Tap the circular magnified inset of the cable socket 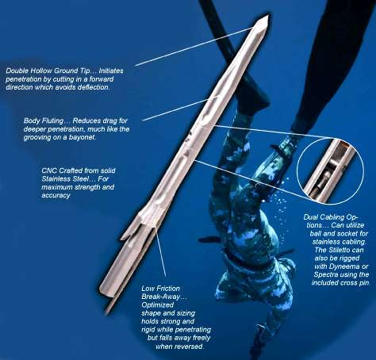coord(330,171)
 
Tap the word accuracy coord(56,195)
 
